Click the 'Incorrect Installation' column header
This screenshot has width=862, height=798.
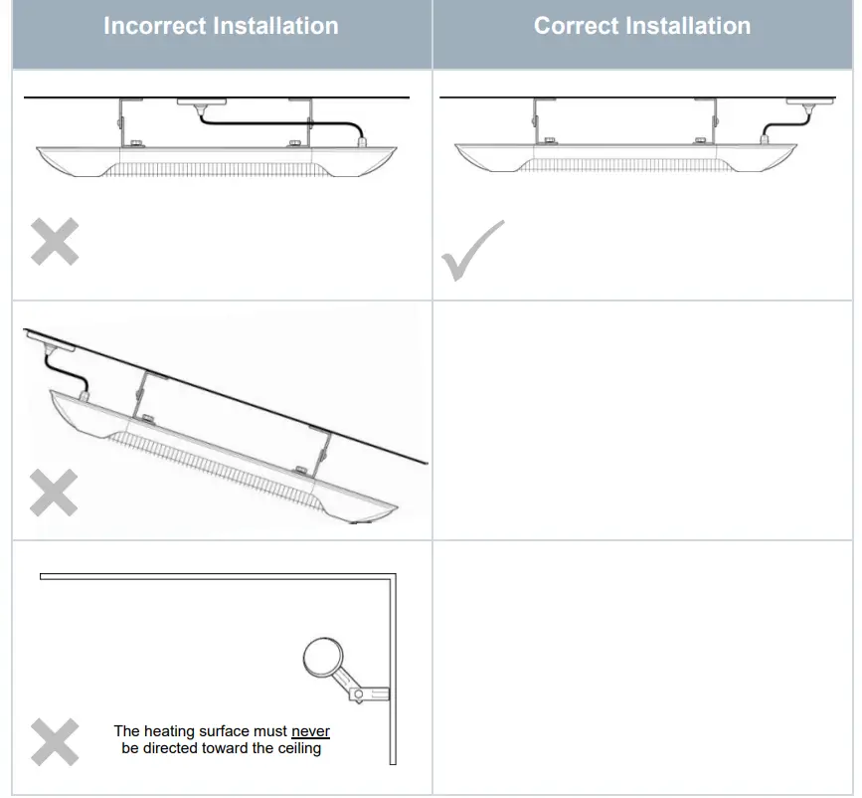tap(221, 26)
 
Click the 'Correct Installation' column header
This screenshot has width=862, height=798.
tap(642, 26)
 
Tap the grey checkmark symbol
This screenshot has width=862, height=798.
tap(471, 251)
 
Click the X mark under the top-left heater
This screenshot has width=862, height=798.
tap(54, 243)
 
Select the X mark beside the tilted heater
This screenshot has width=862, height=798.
tap(54, 492)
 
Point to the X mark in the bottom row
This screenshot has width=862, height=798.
tap(54, 741)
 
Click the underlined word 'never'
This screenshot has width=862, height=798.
tap(310, 731)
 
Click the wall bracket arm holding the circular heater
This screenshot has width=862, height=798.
tap(362, 688)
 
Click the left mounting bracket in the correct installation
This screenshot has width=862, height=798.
tap(537, 123)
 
